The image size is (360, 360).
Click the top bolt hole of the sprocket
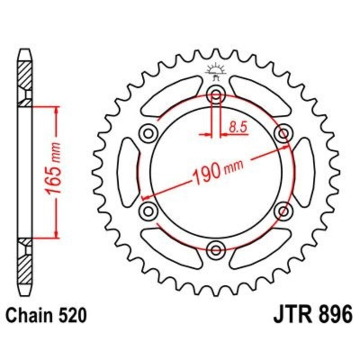(216, 95)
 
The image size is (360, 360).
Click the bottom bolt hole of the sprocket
(216, 249)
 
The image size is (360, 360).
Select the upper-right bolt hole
(283, 133)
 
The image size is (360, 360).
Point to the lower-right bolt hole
(283, 211)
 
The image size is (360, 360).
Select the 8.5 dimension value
(238, 127)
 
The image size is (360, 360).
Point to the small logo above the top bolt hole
(216, 72)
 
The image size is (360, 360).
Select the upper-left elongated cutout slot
(171, 95)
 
